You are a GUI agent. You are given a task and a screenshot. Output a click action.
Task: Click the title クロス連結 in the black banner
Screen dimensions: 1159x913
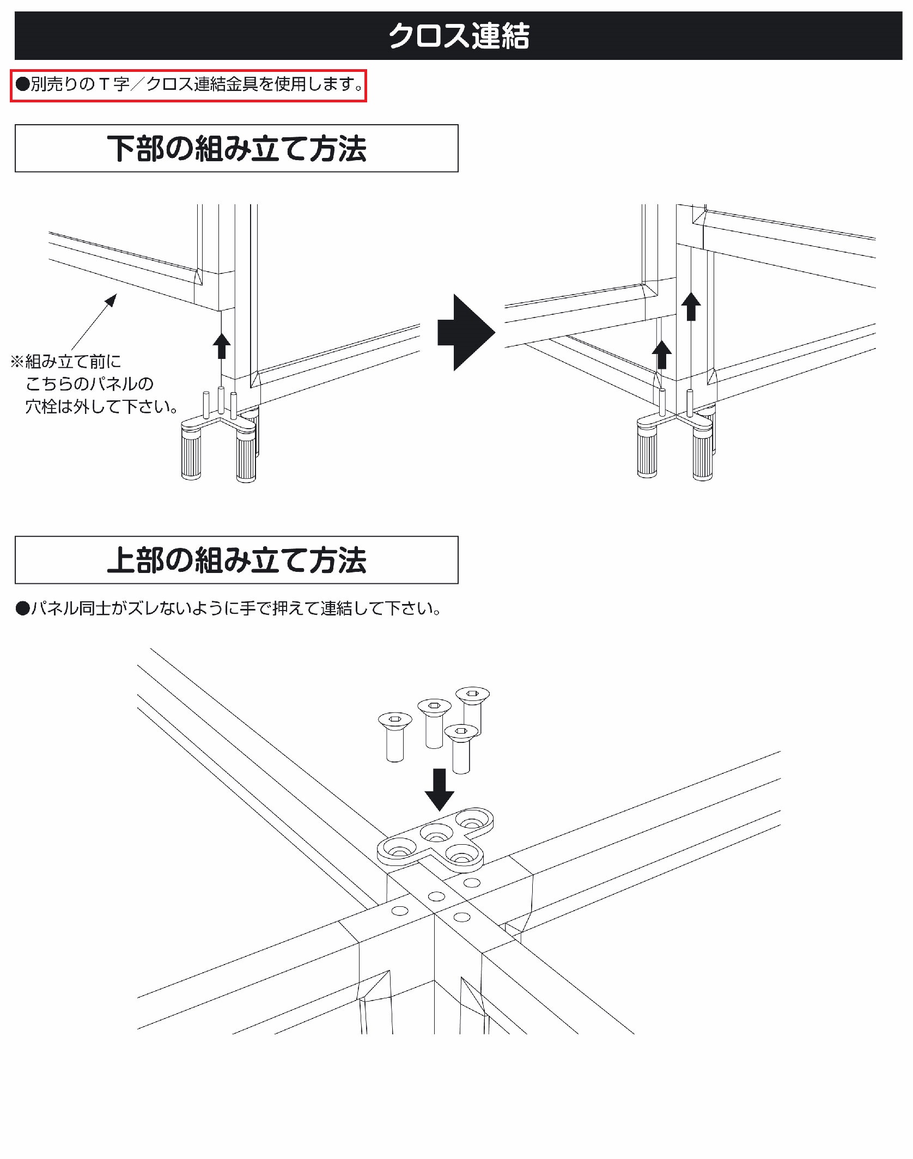coord(459,36)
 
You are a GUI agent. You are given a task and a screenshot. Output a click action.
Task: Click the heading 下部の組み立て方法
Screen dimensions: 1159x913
coord(236,149)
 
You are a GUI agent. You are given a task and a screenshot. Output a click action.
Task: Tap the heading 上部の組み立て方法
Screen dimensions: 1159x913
coord(236,560)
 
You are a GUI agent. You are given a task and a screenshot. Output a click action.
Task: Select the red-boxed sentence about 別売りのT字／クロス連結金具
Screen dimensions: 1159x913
coord(188,85)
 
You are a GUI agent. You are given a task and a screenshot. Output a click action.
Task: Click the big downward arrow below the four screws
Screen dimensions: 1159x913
coord(439,789)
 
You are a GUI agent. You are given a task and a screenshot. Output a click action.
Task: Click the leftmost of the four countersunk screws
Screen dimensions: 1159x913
coord(395,735)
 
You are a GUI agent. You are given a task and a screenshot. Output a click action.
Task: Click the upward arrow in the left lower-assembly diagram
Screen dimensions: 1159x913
coord(221,346)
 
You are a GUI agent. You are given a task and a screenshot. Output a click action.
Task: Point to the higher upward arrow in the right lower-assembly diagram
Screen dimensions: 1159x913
coord(691,306)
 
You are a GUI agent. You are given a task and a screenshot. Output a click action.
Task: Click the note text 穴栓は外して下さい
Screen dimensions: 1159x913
coord(101,406)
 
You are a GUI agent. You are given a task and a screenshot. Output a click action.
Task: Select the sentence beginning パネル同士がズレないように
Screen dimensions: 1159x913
coord(229,608)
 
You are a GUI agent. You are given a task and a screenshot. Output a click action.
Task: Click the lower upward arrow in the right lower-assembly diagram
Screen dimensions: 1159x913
coord(662,354)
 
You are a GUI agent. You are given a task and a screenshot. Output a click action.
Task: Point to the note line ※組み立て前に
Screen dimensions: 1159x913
coord(66,362)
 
